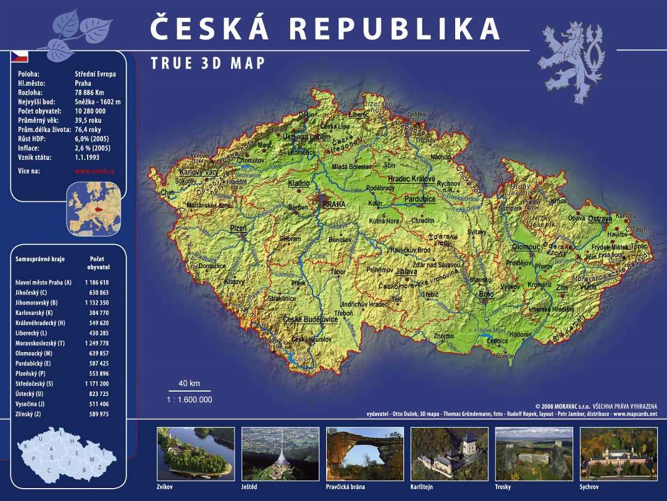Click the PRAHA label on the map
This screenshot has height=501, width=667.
(333, 204)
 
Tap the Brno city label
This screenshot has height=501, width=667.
(487, 295)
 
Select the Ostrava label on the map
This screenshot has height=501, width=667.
(600, 219)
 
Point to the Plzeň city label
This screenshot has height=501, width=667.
(238, 229)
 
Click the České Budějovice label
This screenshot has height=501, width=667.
(311, 319)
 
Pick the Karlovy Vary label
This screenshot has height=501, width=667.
(198, 172)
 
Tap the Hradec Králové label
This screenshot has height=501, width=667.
(411, 179)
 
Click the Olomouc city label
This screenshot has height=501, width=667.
(526, 247)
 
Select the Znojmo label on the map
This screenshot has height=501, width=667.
(443, 336)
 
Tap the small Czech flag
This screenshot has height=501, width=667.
(20, 57)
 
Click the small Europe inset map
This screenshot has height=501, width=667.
(93, 209)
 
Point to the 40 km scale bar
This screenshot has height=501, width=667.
(190, 390)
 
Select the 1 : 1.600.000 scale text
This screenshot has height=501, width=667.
(190, 400)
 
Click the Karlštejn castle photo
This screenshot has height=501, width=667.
(448, 453)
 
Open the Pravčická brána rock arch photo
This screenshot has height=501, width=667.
(364, 453)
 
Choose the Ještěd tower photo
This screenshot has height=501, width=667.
(280, 453)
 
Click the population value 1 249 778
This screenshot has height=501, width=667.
(96, 343)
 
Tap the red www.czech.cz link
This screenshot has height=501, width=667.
(94, 171)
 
